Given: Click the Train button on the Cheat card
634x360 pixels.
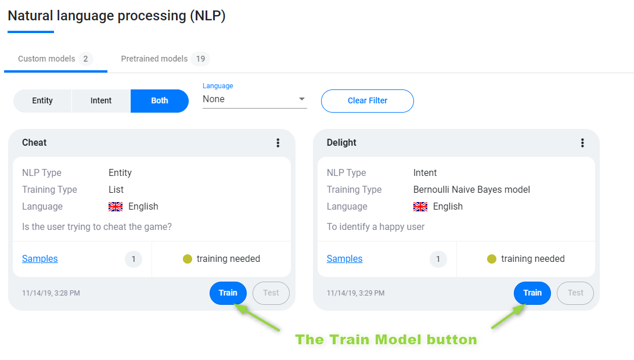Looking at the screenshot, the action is click(x=228, y=293).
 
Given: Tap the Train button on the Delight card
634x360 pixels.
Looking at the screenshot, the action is click(x=532, y=293).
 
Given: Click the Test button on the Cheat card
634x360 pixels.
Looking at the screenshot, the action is click(x=271, y=293).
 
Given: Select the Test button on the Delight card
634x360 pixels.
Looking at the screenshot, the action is click(x=575, y=293).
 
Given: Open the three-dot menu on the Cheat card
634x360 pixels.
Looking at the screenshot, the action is click(x=278, y=143).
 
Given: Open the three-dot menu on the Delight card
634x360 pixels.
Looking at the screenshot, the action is click(x=582, y=143).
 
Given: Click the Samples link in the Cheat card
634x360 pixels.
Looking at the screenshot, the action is click(x=40, y=259).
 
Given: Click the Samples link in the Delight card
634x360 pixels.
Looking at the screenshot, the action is click(x=344, y=259).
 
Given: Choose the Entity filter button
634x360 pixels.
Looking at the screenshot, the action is click(x=42, y=100).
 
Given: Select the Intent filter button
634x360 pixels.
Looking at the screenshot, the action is click(x=101, y=100).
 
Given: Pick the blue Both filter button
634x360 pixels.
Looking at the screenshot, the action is click(x=160, y=100).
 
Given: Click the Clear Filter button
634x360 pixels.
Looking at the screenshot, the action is click(x=368, y=100).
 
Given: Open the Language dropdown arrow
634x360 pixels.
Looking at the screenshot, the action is click(x=302, y=99).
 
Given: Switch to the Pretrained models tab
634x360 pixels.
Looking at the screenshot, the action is click(x=165, y=59).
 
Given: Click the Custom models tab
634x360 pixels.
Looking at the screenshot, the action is click(x=55, y=59).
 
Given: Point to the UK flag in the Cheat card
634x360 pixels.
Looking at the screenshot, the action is click(x=116, y=207).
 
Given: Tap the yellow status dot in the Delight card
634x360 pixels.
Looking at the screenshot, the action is click(x=492, y=259).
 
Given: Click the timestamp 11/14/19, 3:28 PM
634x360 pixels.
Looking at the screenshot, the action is click(x=51, y=293).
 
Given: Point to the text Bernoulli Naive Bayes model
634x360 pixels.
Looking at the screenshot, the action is click(x=471, y=190).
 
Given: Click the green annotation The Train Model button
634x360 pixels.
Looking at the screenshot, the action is click(x=386, y=340).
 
